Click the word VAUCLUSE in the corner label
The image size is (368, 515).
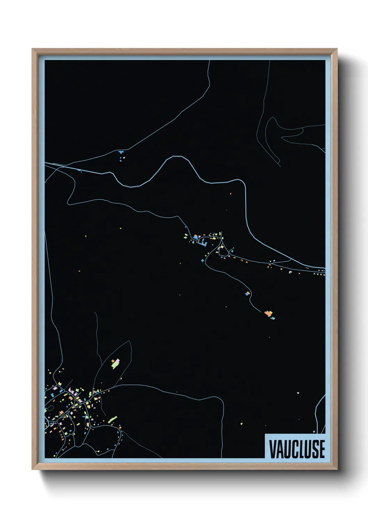[297, 449]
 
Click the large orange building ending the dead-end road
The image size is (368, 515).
[268, 314]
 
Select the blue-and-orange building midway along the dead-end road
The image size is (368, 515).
[248, 293]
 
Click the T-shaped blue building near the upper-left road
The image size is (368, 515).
[121, 152]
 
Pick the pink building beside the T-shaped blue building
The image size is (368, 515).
[124, 157]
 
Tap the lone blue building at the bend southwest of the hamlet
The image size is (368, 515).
[202, 260]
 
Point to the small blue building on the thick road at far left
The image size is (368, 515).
[80, 171]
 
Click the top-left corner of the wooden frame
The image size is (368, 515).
[32, 49]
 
